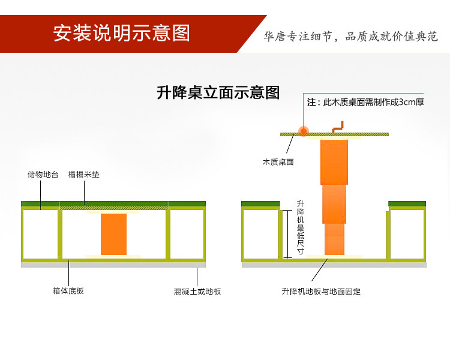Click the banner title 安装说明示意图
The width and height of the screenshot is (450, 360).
pyautogui.click(x=121, y=33)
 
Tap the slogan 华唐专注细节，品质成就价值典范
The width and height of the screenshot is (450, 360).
pyautogui.click(x=351, y=37)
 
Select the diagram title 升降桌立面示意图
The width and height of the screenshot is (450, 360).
pyautogui.click(x=218, y=93)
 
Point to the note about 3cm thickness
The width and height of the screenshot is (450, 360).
pyautogui.click(x=365, y=102)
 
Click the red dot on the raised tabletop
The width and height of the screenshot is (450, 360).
pyautogui.click(x=304, y=131)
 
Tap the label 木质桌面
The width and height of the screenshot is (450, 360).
pyautogui.click(x=278, y=162)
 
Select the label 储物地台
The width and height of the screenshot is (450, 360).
pyautogui.click(x=43, y=175)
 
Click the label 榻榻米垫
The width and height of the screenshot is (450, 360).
pyautogui.click(x=84, y=175)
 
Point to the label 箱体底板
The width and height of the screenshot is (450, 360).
pyautogui.click(x=68, y=292)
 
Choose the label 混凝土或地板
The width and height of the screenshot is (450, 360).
pyautogui.click(x=197, y=292)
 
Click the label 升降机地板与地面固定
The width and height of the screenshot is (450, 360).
pyautogui.click(x=320, y=292)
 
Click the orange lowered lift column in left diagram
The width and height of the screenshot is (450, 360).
pyautogui.click(x=113, y=234)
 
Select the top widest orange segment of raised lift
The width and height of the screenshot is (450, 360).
pyautogui.click(x=334, y=162)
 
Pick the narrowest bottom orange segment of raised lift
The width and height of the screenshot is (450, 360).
pyautogui.click(x=334, y=239)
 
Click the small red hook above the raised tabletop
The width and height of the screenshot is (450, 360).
pyautogui.click(x=338, y=127)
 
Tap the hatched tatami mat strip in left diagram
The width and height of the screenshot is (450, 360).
pyautogui.click(x=114, y=208)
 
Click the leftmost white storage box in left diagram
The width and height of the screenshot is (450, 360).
pyautogui.click(x=41, y=234)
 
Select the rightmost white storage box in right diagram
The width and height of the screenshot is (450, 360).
pyautogui.click(x=407, y=234)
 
